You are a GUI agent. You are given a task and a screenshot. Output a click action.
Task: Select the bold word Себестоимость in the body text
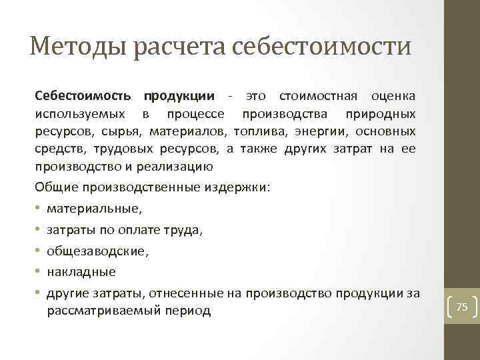tap(85, 97)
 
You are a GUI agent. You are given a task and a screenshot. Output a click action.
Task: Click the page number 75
tap(461, 307)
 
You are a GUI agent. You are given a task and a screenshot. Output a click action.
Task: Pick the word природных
tap(384, 114)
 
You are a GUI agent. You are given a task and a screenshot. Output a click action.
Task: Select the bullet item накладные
tap(81, 272)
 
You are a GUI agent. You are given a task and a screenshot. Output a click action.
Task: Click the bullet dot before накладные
tap(39, 272)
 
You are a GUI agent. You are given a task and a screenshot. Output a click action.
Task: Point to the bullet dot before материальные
tap(39, 209)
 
